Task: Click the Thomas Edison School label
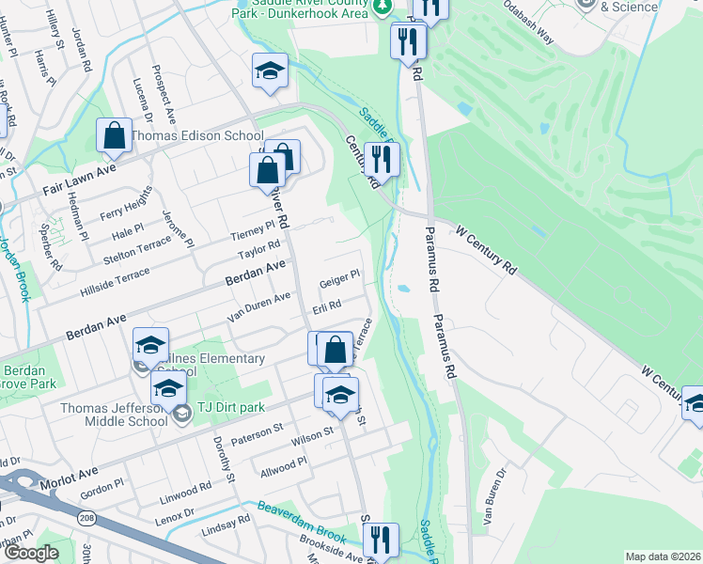[x=196, y=136]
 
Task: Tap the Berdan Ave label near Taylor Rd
[x=254, y=274]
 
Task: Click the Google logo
[x=30, y=553]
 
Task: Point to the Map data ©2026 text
[x=663, y=556]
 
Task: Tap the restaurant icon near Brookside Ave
[x=381, y=540]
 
